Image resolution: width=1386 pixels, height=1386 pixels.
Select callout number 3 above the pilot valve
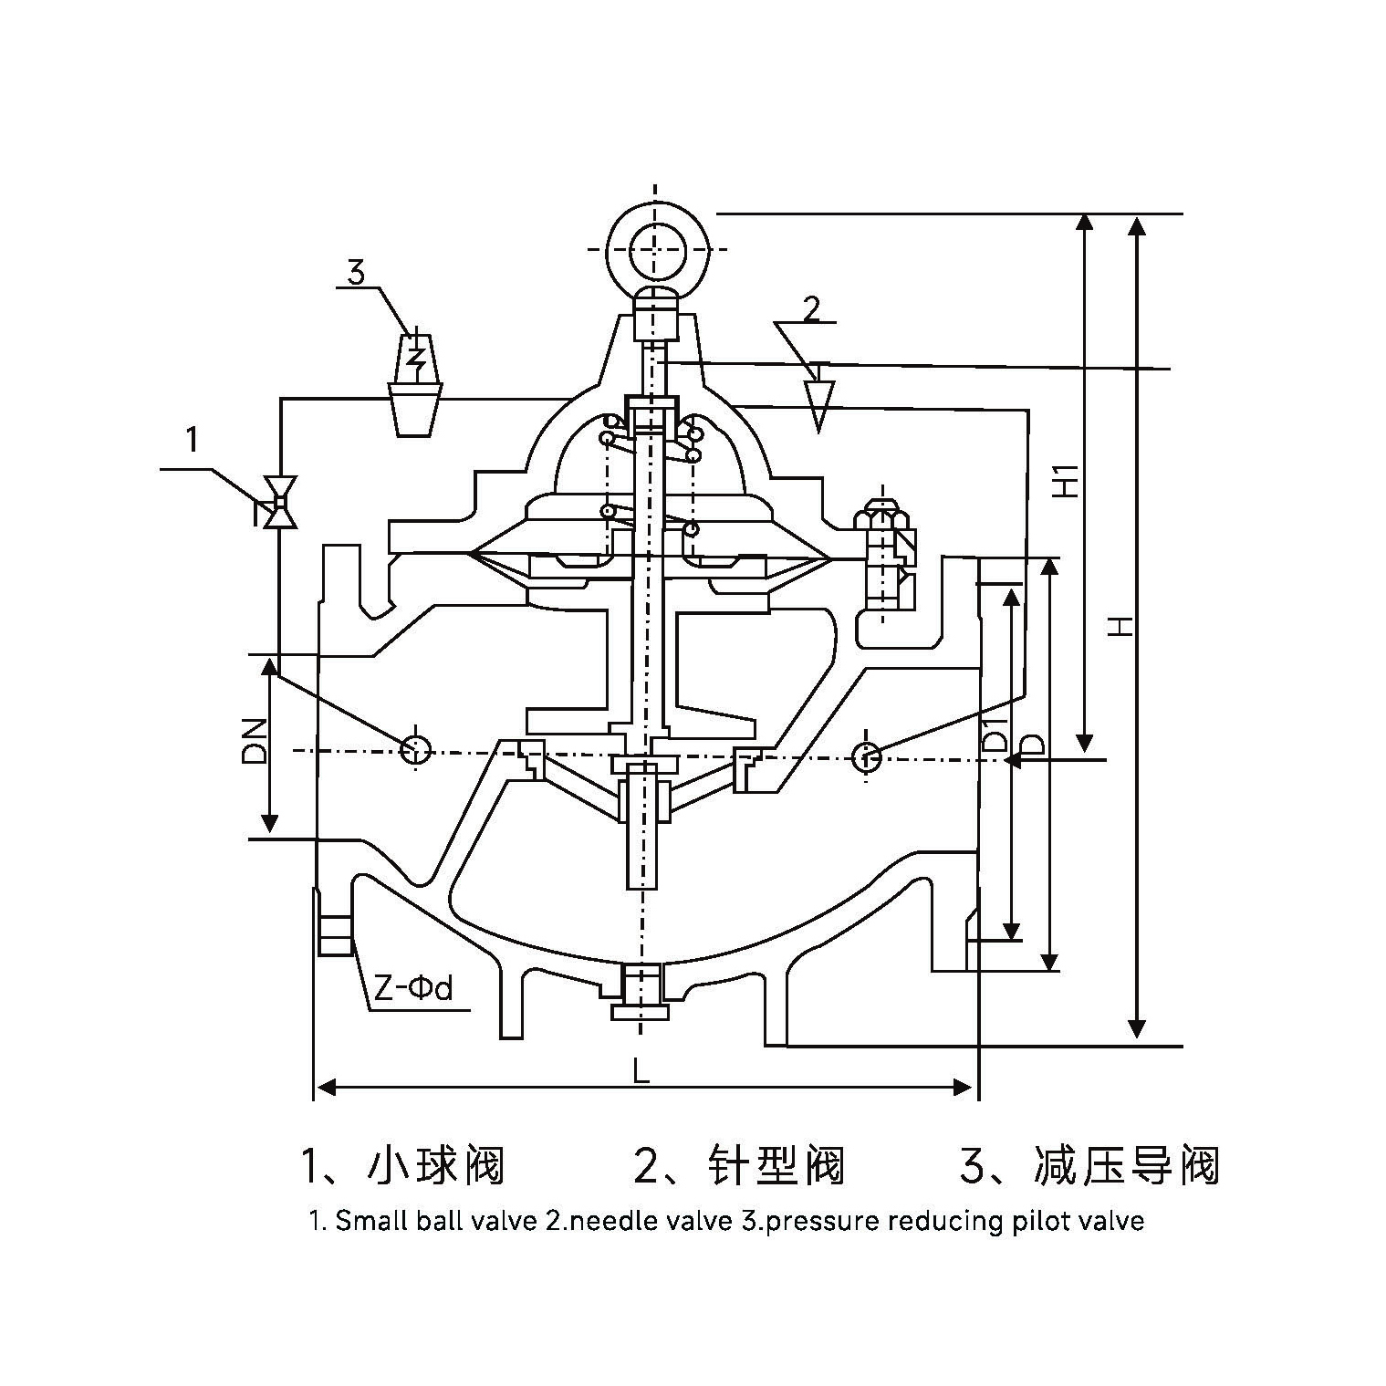click(356, 271)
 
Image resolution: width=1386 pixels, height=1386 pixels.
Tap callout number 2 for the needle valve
click(811, 308)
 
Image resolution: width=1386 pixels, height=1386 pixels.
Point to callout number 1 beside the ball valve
click(192, 441)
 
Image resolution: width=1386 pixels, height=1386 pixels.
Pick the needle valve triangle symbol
click(819, 402)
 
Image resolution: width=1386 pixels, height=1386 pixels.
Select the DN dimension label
click(255, 741)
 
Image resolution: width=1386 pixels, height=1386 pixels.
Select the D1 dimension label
click(996, 735)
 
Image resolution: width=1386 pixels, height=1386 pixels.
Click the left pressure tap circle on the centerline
click(415, 750)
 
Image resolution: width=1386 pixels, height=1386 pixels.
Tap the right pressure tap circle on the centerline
click(865, 756)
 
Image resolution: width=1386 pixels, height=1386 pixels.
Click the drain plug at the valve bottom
click(641, 994)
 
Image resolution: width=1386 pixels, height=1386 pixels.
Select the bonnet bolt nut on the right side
click(877, 519)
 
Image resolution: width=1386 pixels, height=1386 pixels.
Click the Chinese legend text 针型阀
click(776, 1165)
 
